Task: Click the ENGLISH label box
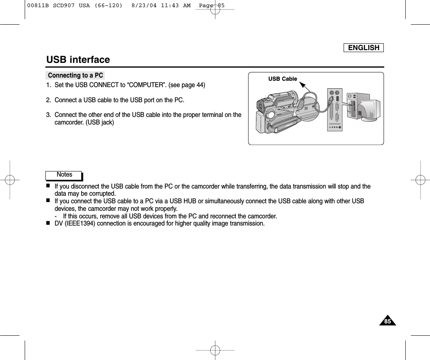coord(364,48)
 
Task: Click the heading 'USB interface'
coord(78,60)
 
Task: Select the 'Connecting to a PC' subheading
coord(75,75)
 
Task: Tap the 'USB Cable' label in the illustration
coord(282,79)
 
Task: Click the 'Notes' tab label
coord(64,175)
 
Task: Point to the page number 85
coord(388,321)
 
